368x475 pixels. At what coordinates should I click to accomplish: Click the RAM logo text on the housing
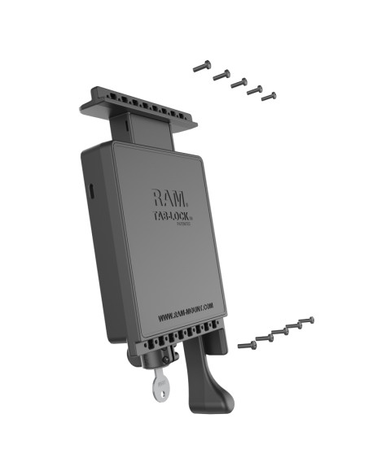[169, 198]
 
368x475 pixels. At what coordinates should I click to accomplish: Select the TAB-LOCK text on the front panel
[173, 217]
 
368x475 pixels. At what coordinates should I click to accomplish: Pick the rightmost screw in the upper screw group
[268, 97]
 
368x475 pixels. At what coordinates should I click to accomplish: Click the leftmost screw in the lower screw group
[247, 345]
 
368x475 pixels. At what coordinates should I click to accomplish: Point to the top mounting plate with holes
[138, 101]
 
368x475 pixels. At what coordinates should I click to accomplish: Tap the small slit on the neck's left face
[129, 125]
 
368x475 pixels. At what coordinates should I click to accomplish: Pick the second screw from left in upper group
[221, 74]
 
